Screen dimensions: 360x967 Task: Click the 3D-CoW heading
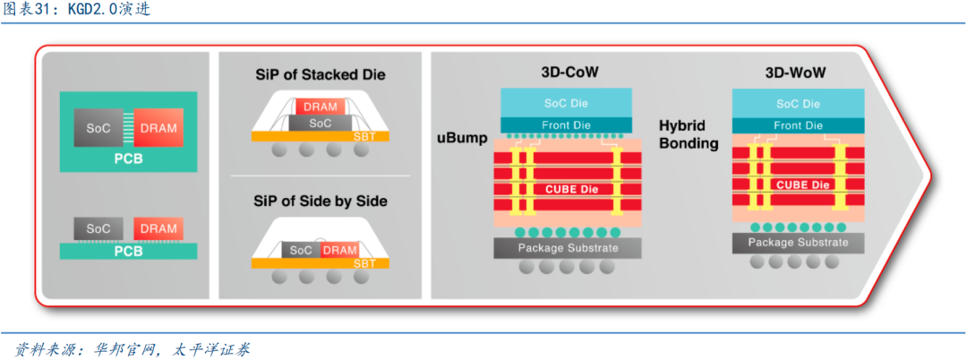[x=565, y=73]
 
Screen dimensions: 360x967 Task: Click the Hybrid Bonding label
[x=689, y=135]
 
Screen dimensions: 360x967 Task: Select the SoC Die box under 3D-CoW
[x=566, y=103]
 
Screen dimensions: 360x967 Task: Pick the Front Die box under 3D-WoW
[x=797, y=126]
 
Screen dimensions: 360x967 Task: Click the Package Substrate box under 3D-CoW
[x=567, y=247]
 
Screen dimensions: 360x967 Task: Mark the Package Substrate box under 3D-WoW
[x=798, y=243]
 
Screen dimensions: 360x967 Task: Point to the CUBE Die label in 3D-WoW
[x=803, y=184]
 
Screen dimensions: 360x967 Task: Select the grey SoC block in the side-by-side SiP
[x=301, y=250]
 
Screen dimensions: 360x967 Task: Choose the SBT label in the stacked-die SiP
[x=364, y=136]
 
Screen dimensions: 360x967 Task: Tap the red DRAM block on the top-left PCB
[x=158, y=128]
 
